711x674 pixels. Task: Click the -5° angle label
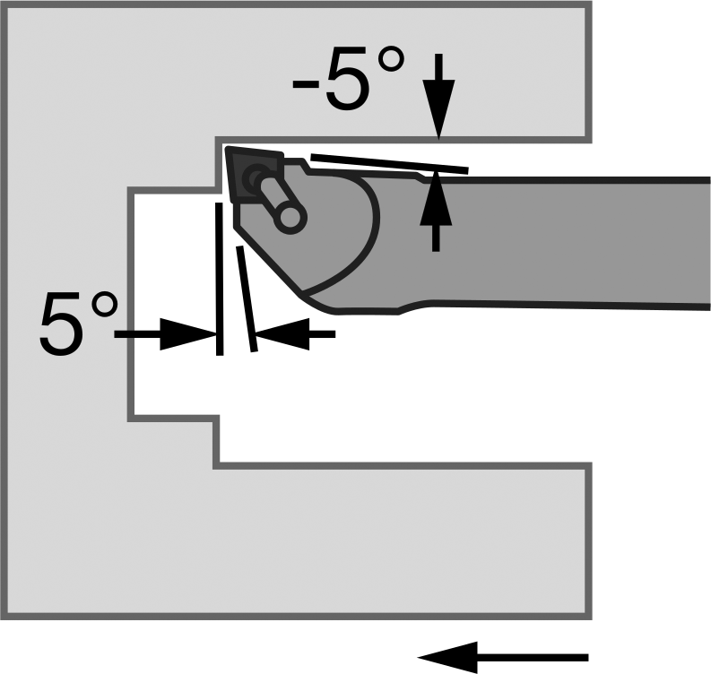[x=348, y=77]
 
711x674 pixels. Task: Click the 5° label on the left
[x=79, y=322]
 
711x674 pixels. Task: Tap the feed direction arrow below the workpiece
[x=502, y=657]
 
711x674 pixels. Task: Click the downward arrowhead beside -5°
[x=438, y=108]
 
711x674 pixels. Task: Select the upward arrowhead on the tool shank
[x=436, y=197]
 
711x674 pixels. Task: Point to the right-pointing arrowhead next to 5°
[x=188, y=334]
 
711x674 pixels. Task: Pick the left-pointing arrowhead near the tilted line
[x=282, y=334]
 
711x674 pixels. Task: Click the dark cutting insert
[x=254, y=175]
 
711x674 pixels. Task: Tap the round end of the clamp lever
[x=290, y=217]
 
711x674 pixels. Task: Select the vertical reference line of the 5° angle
[x=220, y=279]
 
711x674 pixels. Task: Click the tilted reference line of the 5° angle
[x=247, y=298]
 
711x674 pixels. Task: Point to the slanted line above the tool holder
[x=389, y=164]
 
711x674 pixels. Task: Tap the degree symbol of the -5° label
[x=391, y=60]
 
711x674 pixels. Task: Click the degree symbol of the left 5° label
[x=105, y=306]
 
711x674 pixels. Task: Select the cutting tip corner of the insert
[x=227, y=148]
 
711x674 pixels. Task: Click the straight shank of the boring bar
[x=567, y=243]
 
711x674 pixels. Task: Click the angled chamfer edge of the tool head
[x=267, y=258]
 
